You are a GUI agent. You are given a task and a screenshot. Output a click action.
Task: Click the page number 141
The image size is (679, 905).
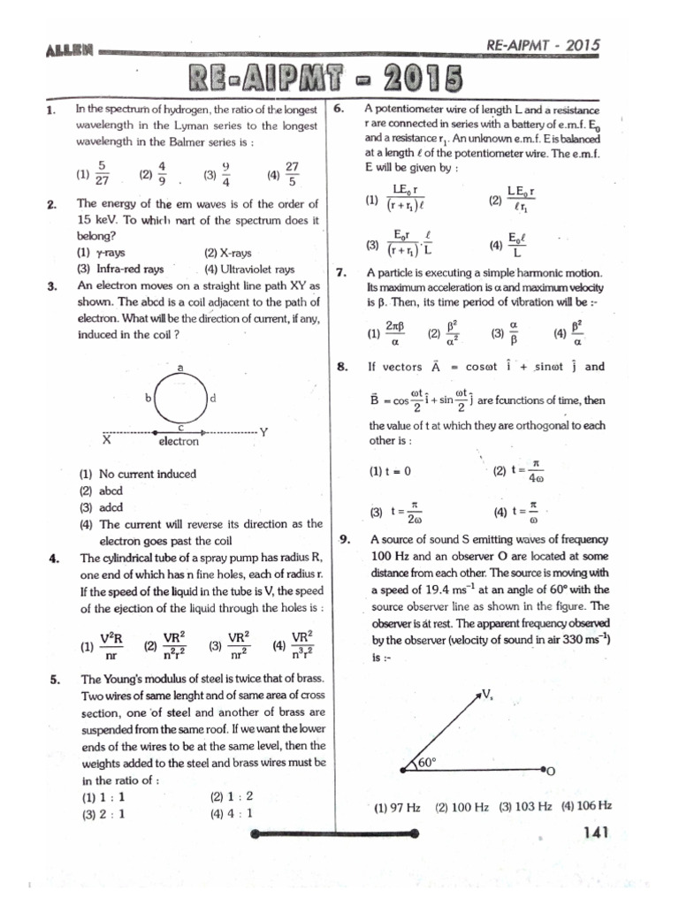point(603,832)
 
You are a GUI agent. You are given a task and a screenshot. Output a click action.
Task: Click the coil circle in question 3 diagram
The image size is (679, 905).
point(180,399)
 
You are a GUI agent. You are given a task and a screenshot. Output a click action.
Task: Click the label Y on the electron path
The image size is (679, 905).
point(263,431)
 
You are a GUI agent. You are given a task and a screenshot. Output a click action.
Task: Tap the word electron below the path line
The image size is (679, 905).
point(179,441)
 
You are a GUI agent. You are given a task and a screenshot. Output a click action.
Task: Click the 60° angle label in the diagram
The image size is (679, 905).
point(427,761)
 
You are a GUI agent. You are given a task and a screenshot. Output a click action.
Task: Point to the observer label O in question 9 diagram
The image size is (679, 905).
point(551,771)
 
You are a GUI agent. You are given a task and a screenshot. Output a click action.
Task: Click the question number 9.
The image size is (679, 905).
point(346,539)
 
